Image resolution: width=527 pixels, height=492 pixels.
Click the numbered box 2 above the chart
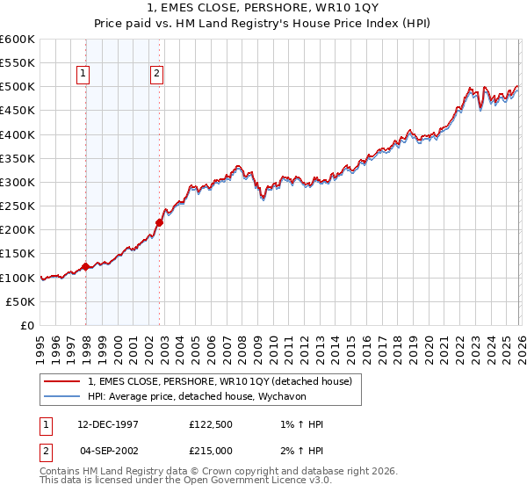pos(156,75)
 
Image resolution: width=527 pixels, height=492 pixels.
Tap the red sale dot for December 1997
pos(85,266)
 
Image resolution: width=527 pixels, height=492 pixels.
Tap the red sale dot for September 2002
pos(159,222)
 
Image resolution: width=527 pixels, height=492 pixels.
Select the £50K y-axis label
pos(20,301)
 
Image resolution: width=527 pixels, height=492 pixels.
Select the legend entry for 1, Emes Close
pos(220,381)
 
